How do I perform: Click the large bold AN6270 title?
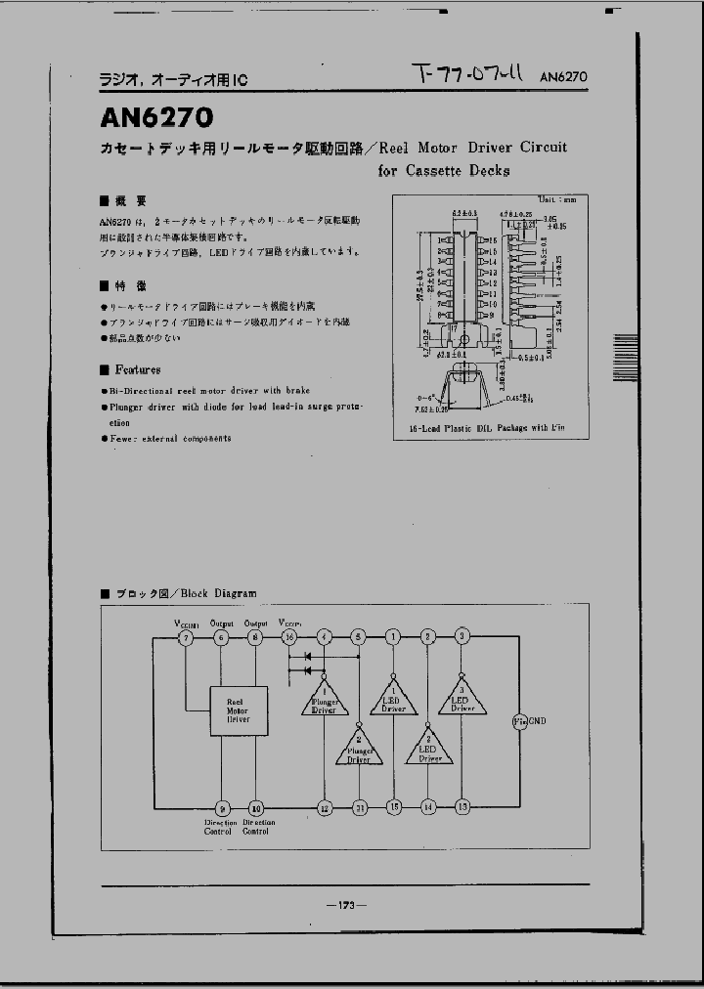coord(156,117)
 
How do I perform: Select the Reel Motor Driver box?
coord(238,709)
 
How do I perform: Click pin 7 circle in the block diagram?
coord(187,637)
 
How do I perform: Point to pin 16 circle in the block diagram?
coord(289,637)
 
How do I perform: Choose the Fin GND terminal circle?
coord(519,721)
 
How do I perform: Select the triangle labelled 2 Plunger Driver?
coord(359,748)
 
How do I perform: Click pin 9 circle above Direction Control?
coord(222,807)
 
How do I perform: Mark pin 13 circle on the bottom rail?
coord(462,807)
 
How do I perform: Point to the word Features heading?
coord(137,370)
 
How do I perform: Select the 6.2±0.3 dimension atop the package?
coord(464,213)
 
